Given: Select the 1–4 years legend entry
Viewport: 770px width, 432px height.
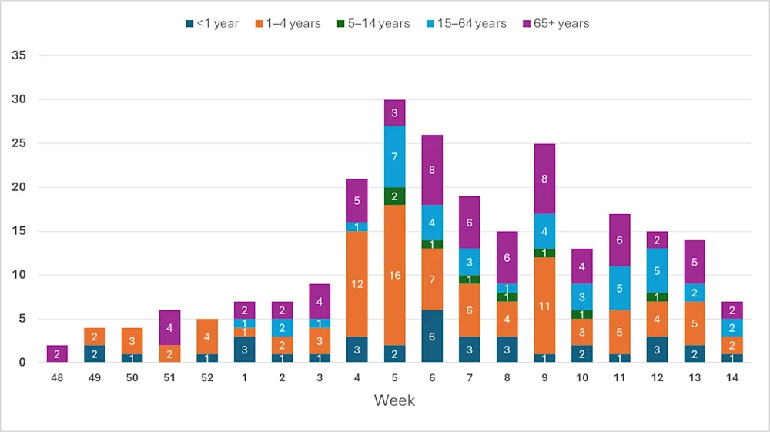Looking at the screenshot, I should tap(288, 23).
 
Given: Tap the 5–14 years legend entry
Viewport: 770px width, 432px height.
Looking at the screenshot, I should tap(376, 23).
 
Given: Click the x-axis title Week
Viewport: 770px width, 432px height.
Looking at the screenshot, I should tap(394, 400).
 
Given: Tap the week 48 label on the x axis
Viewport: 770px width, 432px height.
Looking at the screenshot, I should tap(56, 377).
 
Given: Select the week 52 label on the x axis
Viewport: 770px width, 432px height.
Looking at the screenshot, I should tap(206, 377).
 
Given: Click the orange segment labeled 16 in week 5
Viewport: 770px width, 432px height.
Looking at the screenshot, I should tap(394, 275).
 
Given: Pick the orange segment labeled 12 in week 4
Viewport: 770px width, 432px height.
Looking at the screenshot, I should tap(357, 283).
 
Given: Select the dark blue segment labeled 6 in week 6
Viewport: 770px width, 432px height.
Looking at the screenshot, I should tap(432, 336).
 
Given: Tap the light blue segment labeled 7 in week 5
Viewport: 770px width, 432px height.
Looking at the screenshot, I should tap(394, 156).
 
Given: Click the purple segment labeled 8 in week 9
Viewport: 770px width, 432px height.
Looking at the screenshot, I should tap(544, 179).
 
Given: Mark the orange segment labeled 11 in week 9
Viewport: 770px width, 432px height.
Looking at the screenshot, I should tap(544, 306).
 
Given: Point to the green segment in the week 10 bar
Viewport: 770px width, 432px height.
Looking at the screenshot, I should tap(582, 314).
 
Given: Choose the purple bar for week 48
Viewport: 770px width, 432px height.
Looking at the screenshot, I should tap(56, 353).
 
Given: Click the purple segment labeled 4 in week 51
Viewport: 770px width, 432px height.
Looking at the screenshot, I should tap(169, 327).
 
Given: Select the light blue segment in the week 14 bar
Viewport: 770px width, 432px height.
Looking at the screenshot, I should tap(732, 327).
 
